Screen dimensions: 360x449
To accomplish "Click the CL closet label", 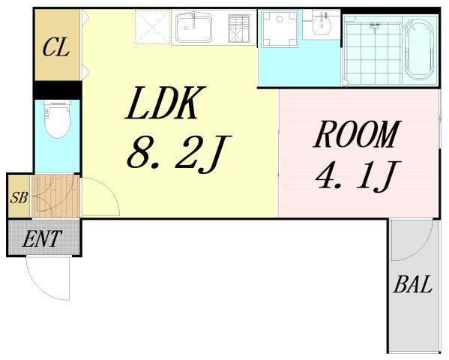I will pos(56,50).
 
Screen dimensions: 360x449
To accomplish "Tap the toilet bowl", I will pos(56,124).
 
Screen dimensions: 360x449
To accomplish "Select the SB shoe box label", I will pos(19,198).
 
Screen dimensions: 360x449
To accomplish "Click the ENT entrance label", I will pos(43,241).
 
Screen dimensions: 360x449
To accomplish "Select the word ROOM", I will pos(355,136).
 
